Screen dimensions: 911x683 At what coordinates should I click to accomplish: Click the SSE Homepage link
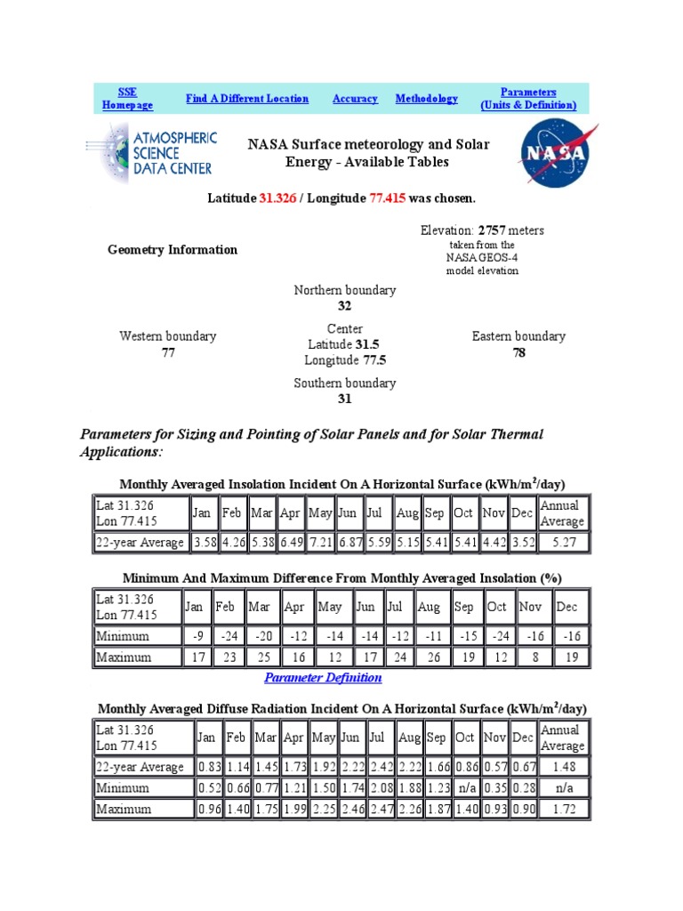[127, 99]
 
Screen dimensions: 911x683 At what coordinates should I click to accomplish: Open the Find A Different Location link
[247, 99]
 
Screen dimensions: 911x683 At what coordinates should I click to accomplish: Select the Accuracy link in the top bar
[355, 99]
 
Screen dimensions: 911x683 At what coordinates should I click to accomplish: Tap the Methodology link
[427, 99]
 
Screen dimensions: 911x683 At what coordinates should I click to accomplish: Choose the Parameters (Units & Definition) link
[528, 99]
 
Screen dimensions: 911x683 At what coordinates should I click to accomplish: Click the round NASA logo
[554, 153]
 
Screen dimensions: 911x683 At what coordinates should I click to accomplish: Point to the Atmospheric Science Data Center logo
[151, 153]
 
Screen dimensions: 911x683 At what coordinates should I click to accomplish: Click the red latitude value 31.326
[277, 198]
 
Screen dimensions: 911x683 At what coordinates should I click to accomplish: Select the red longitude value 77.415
[387, 198]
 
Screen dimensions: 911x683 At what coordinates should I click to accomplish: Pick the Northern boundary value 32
[345, 306]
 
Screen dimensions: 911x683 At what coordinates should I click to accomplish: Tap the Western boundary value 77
[168, 352]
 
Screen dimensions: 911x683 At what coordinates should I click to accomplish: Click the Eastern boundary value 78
[518, 352]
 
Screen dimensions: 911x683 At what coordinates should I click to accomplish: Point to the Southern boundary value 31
[345, 399]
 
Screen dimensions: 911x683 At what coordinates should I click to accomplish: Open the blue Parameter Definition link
[324, 678]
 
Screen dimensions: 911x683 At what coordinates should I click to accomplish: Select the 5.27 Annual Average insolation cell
[562, 543]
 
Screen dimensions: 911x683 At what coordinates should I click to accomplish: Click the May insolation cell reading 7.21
[321, 543]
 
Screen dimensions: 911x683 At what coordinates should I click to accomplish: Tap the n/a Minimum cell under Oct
[464, 788]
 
